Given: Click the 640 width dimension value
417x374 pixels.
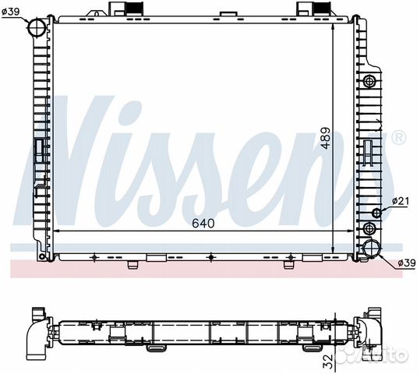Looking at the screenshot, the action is click(x=203, y=224).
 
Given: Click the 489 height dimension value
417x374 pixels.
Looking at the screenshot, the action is click(x=325, y=138).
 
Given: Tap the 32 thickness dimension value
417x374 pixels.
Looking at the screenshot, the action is click(x=329, y=361).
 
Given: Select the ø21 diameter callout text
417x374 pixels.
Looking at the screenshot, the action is click(x=401, y=201).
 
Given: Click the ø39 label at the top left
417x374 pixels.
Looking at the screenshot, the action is click(x=11, y=12).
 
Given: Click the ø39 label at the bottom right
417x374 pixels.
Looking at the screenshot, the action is click(x=407, y=263).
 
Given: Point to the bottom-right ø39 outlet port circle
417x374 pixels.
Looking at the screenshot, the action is click(x=372, y=249).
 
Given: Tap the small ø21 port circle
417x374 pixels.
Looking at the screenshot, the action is click(x=376, y=213).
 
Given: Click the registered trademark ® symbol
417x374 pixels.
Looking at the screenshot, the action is click(x=399, y=137).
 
